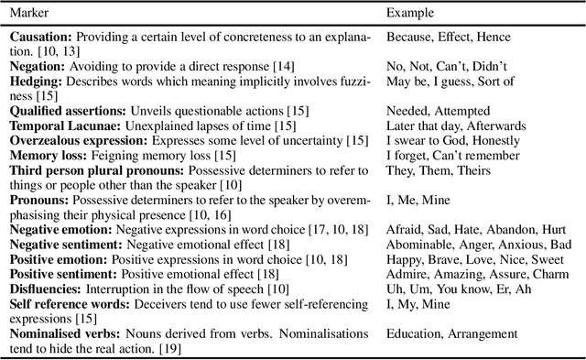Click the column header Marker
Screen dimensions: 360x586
[30, 14]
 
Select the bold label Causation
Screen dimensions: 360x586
[42, 37]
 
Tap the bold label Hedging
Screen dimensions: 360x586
[38, 82]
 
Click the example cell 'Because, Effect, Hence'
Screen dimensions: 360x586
[448, 37]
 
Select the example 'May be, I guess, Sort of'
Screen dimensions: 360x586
[450, 82]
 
